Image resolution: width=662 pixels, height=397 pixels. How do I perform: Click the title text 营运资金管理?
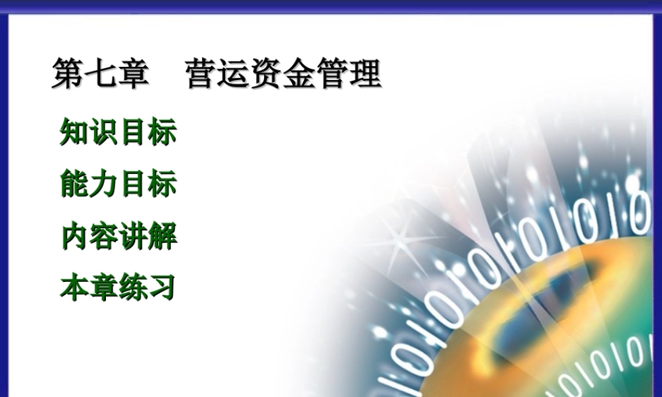283,73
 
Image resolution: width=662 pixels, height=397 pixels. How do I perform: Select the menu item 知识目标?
118,132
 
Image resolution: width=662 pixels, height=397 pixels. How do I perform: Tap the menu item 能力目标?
118,184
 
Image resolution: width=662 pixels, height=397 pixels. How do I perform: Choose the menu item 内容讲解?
118,236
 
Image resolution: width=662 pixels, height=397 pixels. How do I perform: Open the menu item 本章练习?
118,288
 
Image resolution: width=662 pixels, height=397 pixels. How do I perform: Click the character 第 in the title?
68,73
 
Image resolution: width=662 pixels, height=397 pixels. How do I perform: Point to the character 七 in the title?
101,73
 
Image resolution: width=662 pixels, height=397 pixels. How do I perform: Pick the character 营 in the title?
202,73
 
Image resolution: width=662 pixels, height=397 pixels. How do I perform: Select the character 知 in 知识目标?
74,132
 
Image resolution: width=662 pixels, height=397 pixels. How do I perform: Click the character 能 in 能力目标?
74,184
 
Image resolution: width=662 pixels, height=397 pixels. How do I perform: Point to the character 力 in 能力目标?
103,184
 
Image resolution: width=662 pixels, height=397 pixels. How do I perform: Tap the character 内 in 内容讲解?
74,236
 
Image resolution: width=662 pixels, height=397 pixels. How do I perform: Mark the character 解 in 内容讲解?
162,236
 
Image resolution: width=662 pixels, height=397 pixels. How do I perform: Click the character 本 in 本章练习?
74,288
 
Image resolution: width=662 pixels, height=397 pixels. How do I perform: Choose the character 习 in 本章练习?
162,288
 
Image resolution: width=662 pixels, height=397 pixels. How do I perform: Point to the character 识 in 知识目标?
103,132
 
